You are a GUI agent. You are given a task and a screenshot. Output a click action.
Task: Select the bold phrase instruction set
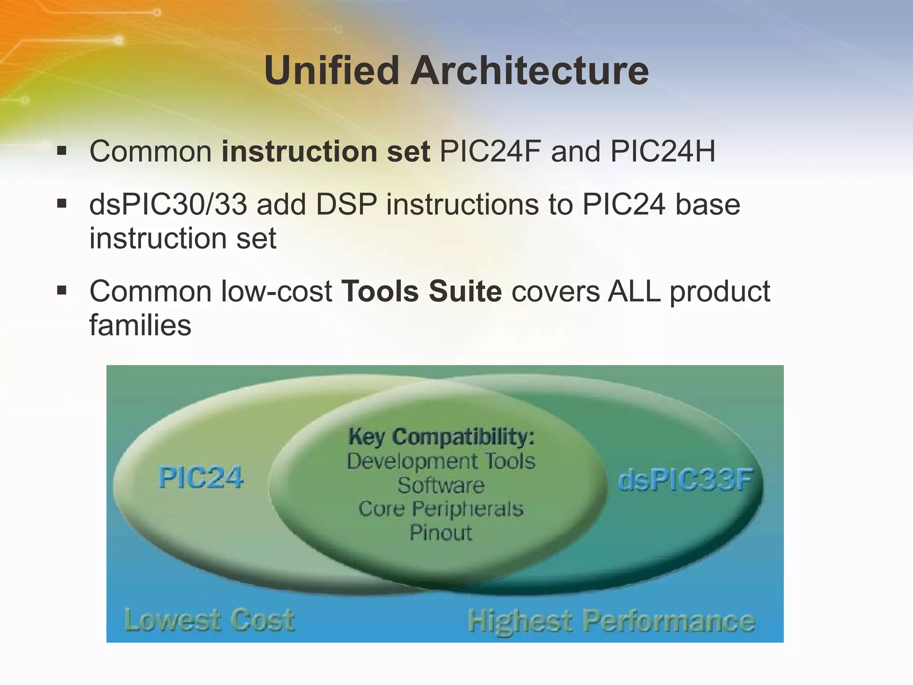click(x=325, y=152)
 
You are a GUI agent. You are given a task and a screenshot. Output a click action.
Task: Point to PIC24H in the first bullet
click(x=662, y=152)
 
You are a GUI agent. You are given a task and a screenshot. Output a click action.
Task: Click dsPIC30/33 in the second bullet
click(x=168, y=205)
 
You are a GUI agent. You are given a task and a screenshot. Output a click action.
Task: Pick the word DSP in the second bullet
click(x=346, y=205)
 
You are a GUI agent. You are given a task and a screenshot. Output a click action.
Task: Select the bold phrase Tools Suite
click(x=421, y=292)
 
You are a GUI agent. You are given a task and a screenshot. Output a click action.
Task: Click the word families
click(x=140, y=325)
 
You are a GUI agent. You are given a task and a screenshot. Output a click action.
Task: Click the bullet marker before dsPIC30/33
click(x=62, y=204)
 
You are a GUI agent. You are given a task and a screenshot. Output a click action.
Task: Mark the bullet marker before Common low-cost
click(x=62, y=291)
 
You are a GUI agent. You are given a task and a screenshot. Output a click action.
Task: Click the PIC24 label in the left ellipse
click(x=201, y=478)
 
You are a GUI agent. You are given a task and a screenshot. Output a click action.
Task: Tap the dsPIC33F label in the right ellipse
click(x=685, y=481)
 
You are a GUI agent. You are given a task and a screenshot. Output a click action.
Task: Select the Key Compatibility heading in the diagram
click(x=441, y=436)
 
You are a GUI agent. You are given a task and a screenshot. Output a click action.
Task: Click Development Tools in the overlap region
click(x=441, y=461)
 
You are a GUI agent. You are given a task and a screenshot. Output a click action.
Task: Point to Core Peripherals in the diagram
click(x=441, y=509)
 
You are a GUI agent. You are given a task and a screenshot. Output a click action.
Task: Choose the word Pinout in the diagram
click(x=441, y=533)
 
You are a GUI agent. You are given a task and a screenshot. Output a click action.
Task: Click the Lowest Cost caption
click(x=209, y=620)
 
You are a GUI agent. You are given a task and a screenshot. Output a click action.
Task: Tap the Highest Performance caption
click(x=611, y=621)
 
